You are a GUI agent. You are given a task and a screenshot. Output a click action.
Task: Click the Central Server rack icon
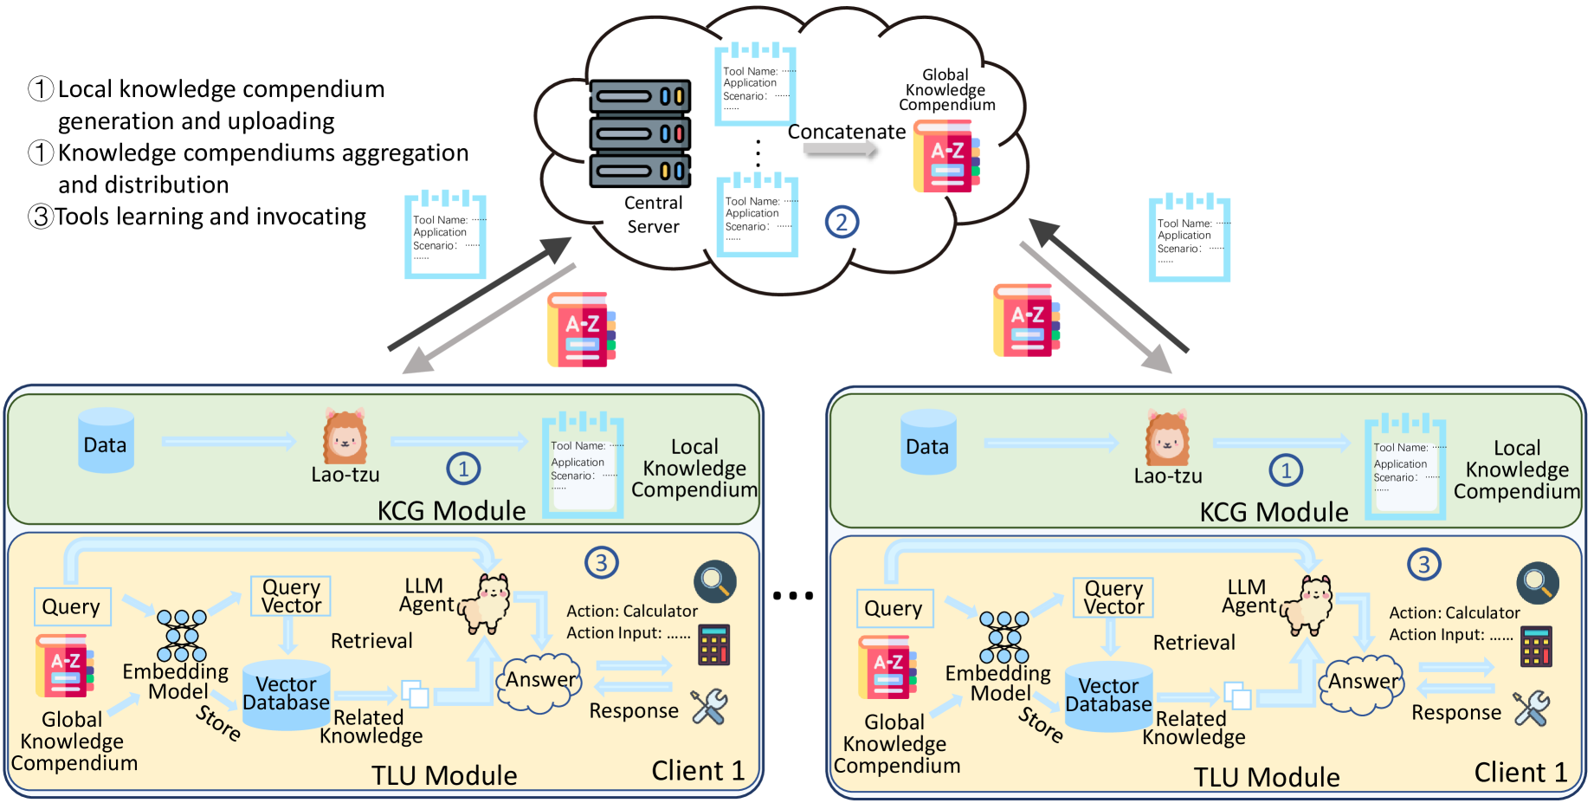[x=640, y=134]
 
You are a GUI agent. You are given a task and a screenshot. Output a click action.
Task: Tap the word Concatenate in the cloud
[x=846, y=132]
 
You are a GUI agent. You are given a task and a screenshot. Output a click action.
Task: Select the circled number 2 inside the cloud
[x=842, y=223]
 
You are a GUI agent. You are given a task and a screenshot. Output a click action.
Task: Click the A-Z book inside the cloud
[x=946, y=157]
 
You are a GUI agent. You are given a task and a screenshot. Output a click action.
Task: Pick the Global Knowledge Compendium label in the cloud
[x=946, y=90]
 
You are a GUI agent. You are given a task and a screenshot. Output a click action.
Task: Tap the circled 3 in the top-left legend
[x=41, y=216]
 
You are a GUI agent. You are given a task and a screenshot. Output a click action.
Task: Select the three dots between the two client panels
[x=793, y=596]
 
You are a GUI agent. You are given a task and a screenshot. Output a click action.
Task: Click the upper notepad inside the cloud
[x=755, y=84]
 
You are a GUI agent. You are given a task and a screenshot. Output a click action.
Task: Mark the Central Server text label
[x=654, y=215]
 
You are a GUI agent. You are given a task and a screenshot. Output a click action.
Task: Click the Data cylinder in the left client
[x=106, y=443]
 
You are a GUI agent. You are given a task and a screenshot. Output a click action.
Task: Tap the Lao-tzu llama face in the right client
[x=1166, y=438]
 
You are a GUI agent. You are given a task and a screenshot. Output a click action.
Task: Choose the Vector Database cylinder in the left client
[x=286, y=695]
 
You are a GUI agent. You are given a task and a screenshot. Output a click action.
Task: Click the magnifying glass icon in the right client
[x=1537, y=583]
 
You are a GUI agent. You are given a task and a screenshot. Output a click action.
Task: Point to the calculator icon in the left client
[x=714, y=645]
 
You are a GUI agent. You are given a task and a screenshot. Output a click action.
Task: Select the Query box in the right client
[x=894, y=608]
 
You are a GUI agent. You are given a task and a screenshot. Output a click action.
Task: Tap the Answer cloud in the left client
[x=539, y=682]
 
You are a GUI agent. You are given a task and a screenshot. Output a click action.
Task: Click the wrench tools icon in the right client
[x=1531, y=709]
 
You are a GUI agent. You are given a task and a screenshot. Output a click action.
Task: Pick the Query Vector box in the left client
[x=291, y=596]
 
